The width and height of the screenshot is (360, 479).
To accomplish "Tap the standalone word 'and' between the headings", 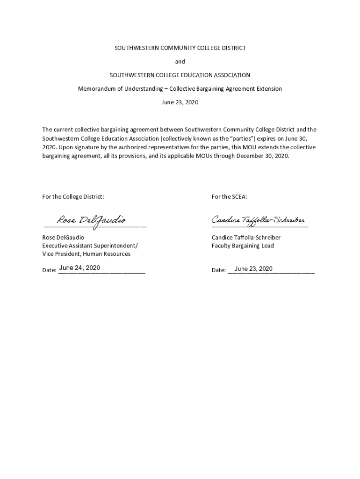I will point(180,62).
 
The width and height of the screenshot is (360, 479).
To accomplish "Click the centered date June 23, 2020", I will point(180,102).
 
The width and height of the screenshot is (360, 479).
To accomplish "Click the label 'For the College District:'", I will point(73,197).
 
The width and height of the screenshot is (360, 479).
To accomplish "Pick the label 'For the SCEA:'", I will point(229,197).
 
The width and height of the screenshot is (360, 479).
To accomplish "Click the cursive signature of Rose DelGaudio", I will point(91,220).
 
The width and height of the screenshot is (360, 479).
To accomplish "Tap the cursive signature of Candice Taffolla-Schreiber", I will point(259,220).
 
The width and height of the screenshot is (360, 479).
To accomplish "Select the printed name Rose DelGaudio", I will point(63,238).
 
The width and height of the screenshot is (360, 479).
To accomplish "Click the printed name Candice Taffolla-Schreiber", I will point(246,238).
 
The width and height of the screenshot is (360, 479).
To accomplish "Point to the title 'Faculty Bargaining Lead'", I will point(243,246).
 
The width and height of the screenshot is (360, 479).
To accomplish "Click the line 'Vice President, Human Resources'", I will point(86,254).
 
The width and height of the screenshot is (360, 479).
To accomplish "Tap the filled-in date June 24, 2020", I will point(79,268).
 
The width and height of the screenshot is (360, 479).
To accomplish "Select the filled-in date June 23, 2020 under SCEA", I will point(253,269).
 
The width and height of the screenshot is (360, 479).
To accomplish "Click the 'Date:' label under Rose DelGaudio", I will point(49,270).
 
